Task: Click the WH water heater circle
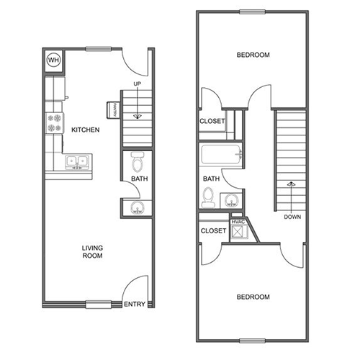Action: pos(54,60)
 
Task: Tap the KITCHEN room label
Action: pos(86,130)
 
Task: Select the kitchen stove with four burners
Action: pos(55,123)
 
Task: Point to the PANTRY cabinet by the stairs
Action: pos(113,110)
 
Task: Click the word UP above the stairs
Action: pos(138,84)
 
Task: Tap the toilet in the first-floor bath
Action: pos(138,162)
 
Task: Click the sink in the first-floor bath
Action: pos(138,207)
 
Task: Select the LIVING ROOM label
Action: pos(92,251)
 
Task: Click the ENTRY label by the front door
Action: pos(135,304)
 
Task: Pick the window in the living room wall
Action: pos(99,305)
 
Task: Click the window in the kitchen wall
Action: pos(99,49)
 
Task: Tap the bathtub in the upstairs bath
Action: pos(220,154)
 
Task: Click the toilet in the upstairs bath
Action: pos(207,197)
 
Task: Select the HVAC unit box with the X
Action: pos(239,231)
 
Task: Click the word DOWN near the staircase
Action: pos(292,217)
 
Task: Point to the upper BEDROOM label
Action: pos(253,55)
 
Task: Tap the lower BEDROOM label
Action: pos(253,297)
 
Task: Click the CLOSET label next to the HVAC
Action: pos(213,231)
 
